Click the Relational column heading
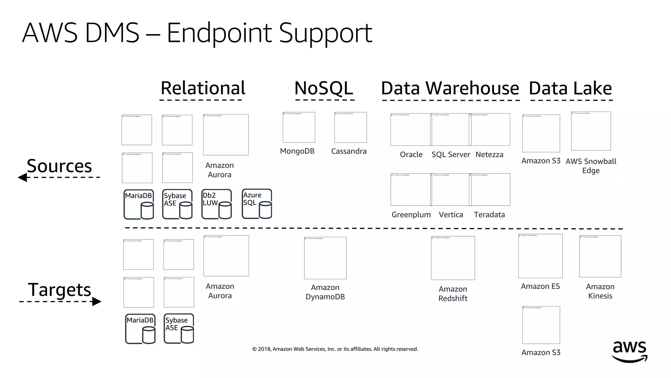coord(203,88)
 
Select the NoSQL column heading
coord(324,88)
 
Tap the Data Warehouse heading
coord(450,88)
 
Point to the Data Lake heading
coord(570,88)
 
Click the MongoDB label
coord(297,151)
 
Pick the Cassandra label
coord(349,151)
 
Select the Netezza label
coord(489,155)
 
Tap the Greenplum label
coord(411,215)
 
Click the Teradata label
coord(489,215)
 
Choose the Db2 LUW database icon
coord(217,204)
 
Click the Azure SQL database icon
coord(257,204)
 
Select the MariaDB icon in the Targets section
coord(140,329)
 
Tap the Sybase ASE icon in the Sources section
coord(177,204)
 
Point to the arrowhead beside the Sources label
coord(23,178)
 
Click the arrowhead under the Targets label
coord(96,302)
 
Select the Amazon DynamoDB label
coord(325,292)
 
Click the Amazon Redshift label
coord(453,294)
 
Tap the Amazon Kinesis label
coord(600,291)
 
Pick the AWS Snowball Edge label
coord(591,166)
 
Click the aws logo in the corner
coord(629,352)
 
